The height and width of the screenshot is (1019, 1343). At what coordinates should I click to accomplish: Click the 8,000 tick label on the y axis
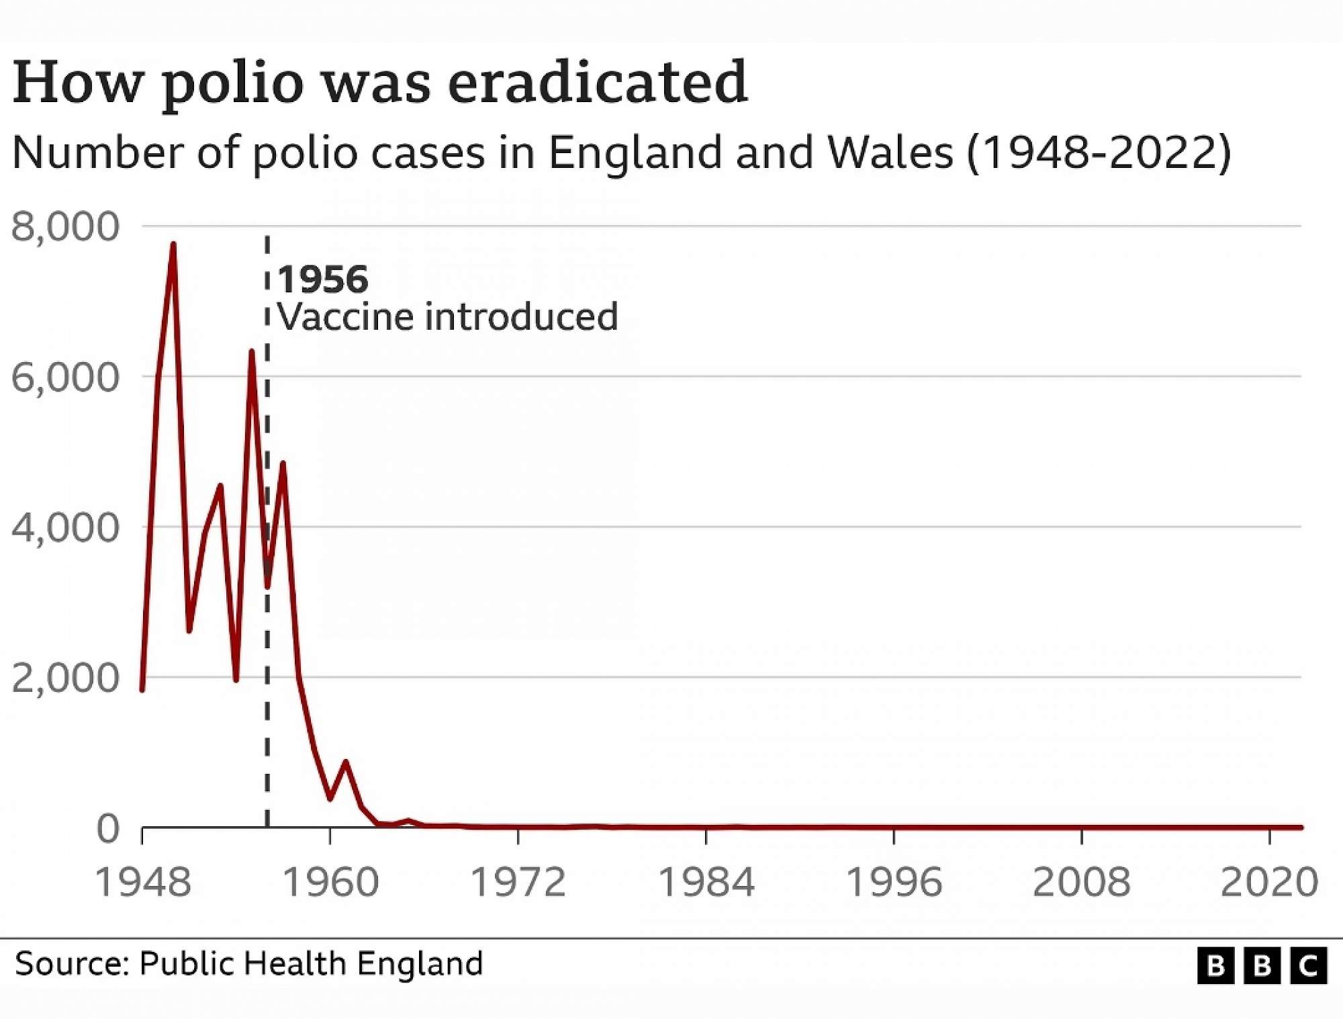coord(65,227)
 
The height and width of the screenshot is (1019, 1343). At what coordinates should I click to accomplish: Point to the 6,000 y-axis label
coord(65,378)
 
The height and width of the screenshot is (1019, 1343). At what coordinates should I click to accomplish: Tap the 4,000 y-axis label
coord(65,528)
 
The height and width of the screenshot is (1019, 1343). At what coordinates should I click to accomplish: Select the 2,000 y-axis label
coord(65,678)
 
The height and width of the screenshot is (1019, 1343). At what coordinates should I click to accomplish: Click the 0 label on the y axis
coord(108,829)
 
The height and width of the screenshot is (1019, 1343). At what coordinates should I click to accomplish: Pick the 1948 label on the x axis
coord(143,882)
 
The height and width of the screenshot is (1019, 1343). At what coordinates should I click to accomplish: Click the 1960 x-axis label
coord(330,882)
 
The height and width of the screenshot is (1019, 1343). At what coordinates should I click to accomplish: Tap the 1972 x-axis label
coord(518,882)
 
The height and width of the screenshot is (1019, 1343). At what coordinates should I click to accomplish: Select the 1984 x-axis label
coord(706,882)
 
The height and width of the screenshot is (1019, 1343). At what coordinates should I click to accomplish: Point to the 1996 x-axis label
coord(894,882)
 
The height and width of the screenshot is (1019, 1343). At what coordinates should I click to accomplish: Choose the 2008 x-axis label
coord(1081,882)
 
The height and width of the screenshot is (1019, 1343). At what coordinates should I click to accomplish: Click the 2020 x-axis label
coord(1269,882)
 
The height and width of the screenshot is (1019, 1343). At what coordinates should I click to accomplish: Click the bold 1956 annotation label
coord(323,279)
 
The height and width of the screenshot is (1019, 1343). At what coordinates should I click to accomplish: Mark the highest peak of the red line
coord(173,245)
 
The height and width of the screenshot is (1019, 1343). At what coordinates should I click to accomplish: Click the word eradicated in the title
coord(598,83)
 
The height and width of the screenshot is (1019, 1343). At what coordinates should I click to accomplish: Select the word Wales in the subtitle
coord(890,152)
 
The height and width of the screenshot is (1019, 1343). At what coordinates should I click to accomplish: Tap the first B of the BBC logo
coord(1215,966)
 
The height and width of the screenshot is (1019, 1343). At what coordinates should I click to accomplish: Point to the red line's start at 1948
coord(142,689)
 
